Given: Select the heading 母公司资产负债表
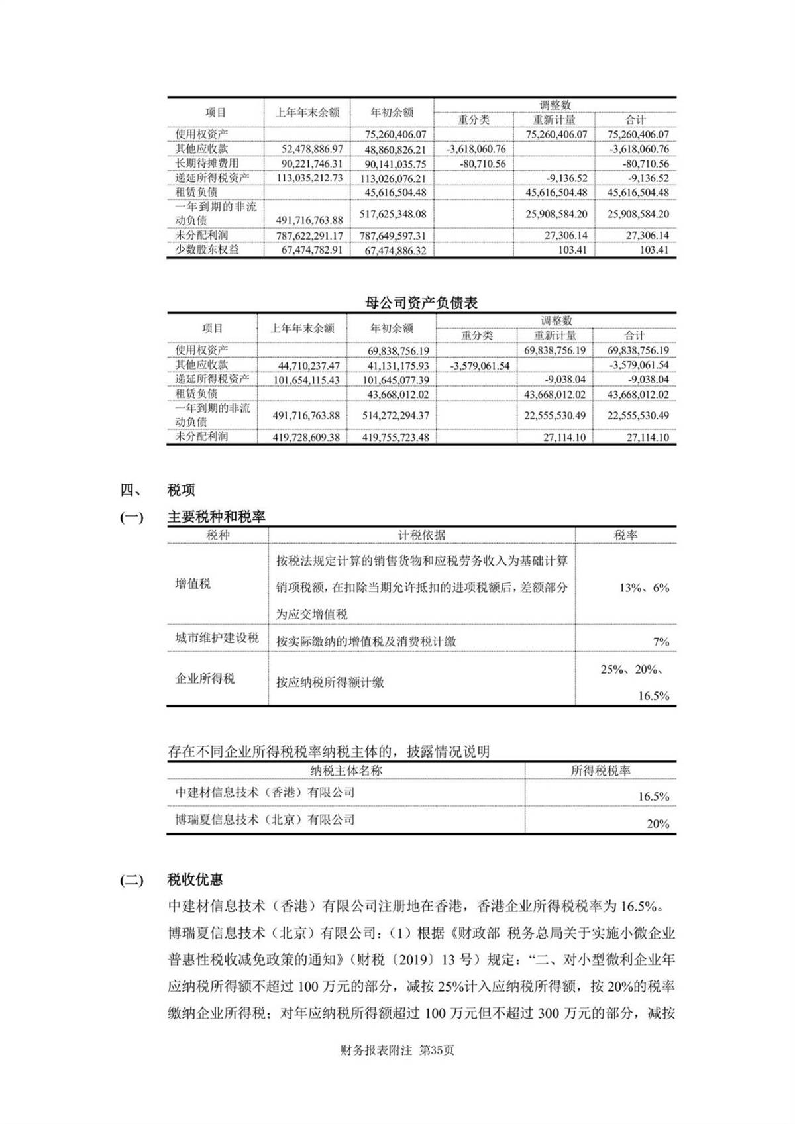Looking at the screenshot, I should (x=421, y=303).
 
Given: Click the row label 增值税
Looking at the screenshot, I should (x=193, y=584).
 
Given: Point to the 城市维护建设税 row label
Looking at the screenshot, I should (x=217, y=638).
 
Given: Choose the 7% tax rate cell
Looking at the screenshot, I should (x=661, y=642).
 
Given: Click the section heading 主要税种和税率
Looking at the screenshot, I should (x=216, y=517).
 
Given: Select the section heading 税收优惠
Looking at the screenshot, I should (x=195, y=880).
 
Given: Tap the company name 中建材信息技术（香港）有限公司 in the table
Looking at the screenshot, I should (x=265, y=792).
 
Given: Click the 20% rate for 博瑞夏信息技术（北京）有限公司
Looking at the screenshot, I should (x=658, y=824).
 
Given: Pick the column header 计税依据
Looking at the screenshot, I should (x=421, y=535).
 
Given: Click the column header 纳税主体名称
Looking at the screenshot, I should (x=346, y=770).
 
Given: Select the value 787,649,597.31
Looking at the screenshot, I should (x=394, y=236).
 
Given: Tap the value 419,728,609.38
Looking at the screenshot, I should (x=306, y=438).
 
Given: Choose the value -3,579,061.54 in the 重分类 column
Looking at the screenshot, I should (x=480, y=366).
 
